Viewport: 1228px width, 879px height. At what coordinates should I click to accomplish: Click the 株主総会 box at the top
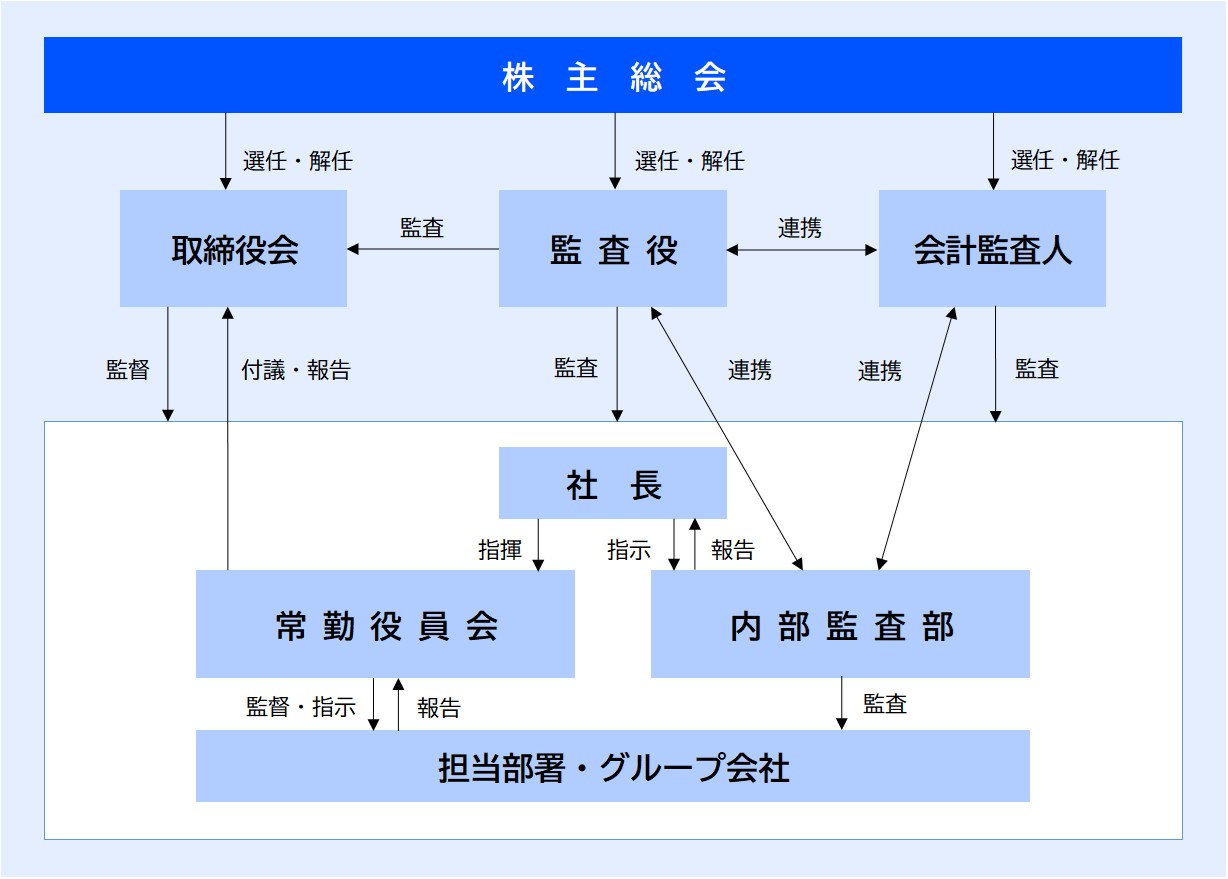pyautogui.click(x=613, y=75)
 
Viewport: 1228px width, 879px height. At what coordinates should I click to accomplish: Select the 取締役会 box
pyautogui.click(x=233, y=248)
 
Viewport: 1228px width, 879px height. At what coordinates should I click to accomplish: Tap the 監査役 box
pyautogui.click(x=613, y=248)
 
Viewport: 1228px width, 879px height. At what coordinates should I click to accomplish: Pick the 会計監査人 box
pyautogui.click(x=992, y=248)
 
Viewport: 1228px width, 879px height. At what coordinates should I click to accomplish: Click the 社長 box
pyautogui.click(x=613, y=483)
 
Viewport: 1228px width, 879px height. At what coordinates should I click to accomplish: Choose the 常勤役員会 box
pyautogui.click(x=385, y=624)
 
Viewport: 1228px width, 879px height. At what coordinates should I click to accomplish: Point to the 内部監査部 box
pyautogui.click(x=840, y=624)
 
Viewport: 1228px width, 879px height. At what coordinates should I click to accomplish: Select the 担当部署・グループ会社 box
pyautogui.click(x=613, y=766)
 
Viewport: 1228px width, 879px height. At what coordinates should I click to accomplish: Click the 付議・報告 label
pyautogui.click(x=296, y=370)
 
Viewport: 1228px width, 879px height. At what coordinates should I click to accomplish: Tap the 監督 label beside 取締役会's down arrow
pyautogui.click(x=128, y=370)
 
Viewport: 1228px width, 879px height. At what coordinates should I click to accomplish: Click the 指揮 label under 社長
pyautogui.click(x=500, y=549)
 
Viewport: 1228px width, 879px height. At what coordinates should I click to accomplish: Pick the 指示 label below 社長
pyautogui.click(x=629, y=549)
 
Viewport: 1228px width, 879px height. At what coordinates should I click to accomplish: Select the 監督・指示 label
pyautogui.click(x=301, y=707)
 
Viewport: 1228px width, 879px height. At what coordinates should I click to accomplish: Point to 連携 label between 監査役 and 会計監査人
pyautogui.click(x=800, y=228)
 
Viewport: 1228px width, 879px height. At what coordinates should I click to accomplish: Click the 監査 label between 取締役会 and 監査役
pyautogui.click(x=422, y=228)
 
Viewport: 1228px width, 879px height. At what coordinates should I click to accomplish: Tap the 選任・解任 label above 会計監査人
pyautogui.click(x=1065, y=160)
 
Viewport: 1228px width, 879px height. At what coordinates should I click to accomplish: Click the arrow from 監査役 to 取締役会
pyautogui.click(x=423, y=249)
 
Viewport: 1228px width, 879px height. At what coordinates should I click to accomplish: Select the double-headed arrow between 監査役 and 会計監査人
pyautogui.click(x=802, y=250)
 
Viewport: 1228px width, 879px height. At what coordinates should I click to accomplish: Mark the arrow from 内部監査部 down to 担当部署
pyautogui.click(x=842, y=704)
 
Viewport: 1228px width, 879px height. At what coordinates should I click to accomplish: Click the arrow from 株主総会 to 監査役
pyautogui.click(x=615, y=151)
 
